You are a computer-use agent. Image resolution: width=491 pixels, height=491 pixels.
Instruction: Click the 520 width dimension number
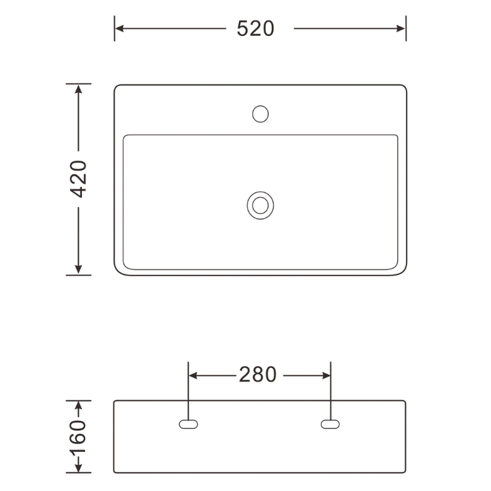click(x=255, y=29)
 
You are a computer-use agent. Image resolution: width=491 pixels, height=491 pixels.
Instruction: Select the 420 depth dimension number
click(x=79, y=179)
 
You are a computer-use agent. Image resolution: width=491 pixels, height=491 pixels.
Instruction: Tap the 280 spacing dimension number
click(x=258, y=374)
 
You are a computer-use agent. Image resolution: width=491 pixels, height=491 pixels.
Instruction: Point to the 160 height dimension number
click(x=77, y=437)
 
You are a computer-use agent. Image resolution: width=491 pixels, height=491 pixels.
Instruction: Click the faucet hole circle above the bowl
click(x=260, y=114)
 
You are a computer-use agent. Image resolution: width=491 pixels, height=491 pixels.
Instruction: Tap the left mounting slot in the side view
click(x=188, y=424)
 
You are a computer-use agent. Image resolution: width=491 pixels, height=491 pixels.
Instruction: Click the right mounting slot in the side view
click(x=330, y=424)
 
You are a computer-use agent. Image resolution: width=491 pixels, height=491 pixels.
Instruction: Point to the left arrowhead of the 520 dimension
click(x=119, y=29)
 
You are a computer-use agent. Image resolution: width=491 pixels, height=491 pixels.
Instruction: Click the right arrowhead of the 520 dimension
click(x=401, y=29)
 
